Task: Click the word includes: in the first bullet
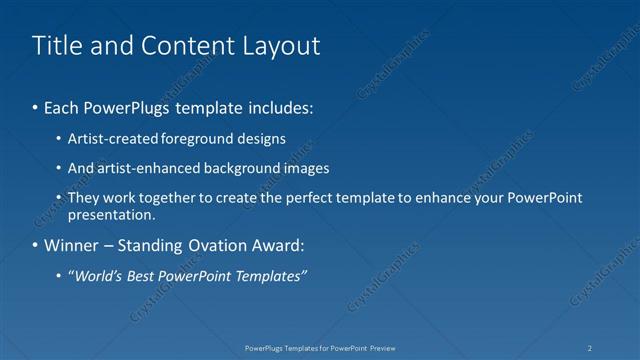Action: tap(283, 106)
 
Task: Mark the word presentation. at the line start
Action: tap(111, 214)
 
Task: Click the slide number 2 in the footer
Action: tap(589, 347)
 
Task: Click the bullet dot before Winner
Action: tap(36, 246)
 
